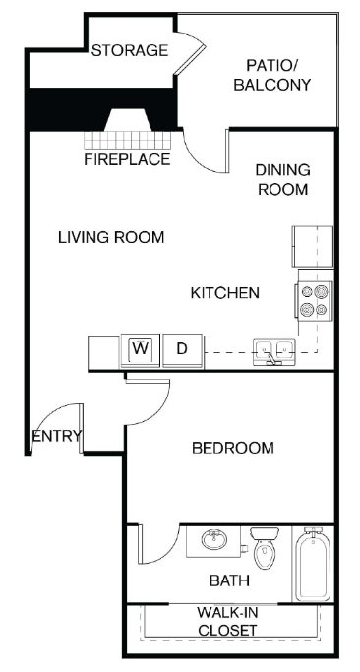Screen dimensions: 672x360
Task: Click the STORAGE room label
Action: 130,50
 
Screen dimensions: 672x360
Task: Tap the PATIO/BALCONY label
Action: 271,75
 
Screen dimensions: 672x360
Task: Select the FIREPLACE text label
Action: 126,159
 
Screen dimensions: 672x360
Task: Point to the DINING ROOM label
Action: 283,179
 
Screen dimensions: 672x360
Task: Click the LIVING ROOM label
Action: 110,237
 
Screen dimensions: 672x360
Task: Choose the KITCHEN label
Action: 224,292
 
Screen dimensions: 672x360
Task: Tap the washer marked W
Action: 140,348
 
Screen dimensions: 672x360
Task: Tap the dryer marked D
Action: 182,348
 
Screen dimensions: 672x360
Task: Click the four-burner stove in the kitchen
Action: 315,300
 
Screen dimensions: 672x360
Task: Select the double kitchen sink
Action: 275,348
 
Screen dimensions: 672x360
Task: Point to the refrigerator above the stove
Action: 312,246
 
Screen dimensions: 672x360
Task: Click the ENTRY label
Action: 57,437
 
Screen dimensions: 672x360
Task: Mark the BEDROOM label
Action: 231,448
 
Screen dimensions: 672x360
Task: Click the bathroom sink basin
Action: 213,541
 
